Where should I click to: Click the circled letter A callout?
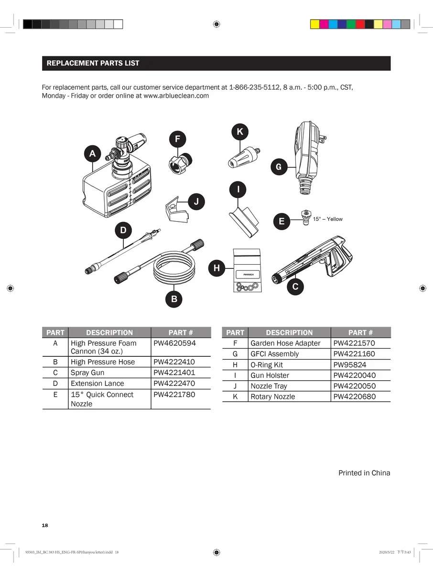click(x=92, y=153)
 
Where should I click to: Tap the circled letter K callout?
click(x=239, y=131)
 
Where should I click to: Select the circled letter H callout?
click(x=216, y=268)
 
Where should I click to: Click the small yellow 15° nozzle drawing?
click(x=304, y=218)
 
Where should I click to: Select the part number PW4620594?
click(x=174, y=343)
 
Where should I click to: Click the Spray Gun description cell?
click(x=87, y=373)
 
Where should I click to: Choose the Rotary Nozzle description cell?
click(x=272, y=396)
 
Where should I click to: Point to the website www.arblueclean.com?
click(x=176, y=96)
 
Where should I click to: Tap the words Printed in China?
click(x=364, y=473)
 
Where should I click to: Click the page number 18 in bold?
click(x=45, y=525)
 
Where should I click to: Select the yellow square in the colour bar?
click(x=315, y=24)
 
